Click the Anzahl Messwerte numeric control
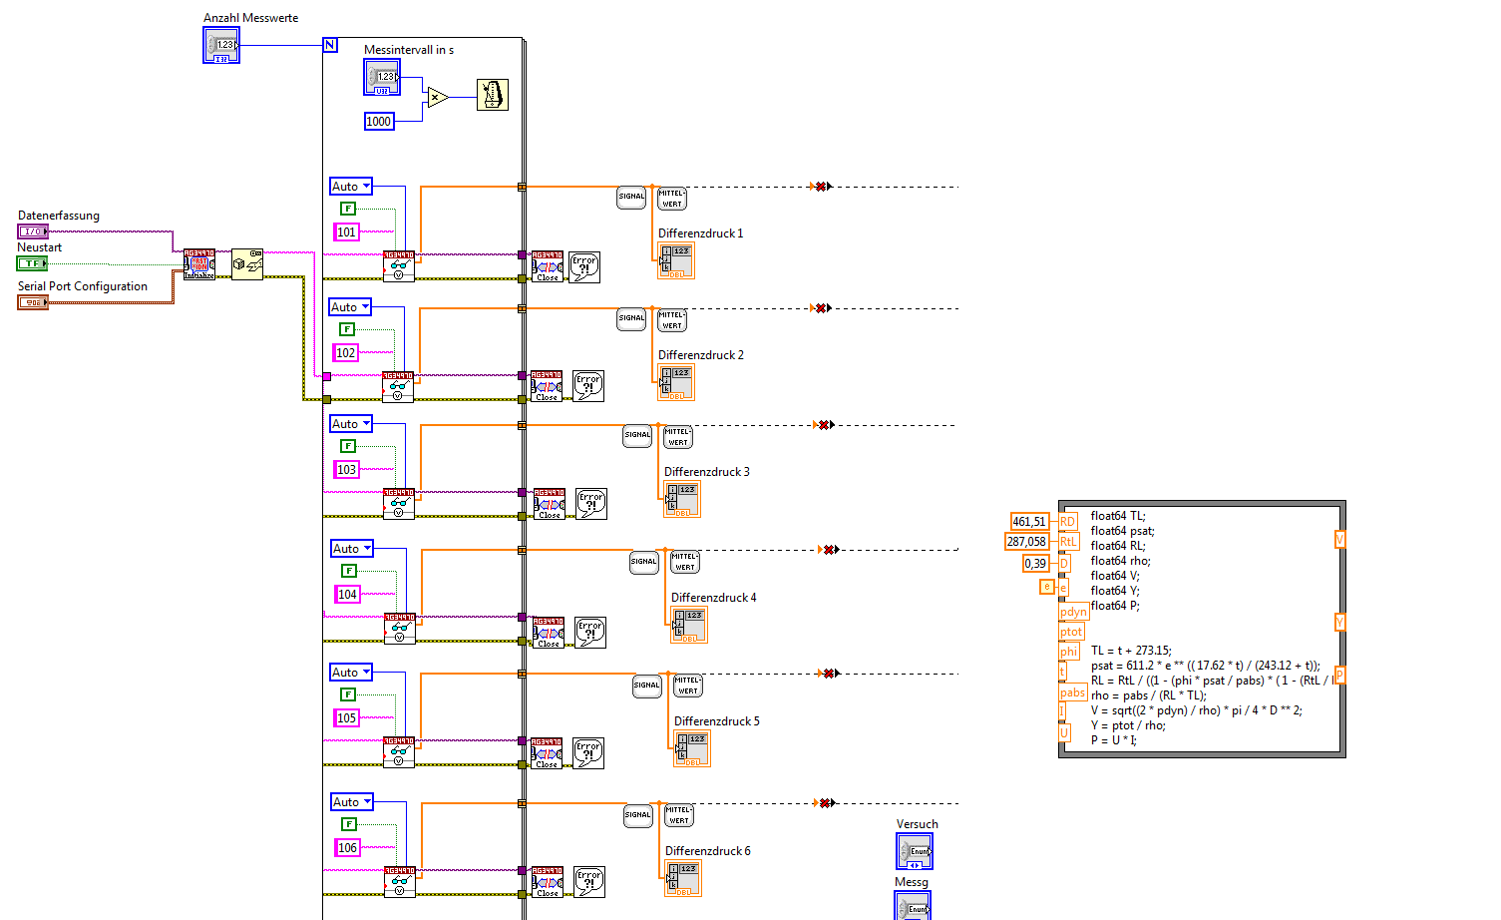pyautogui.click(x=221, y=45)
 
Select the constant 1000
pyautogui.click(x=379, y=122)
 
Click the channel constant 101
pyautogui.click(x=346, y=232)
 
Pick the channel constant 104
pyautogui.click(x=347, y=595)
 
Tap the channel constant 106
pyautogui.click(x=347, y=848)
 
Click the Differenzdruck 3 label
pyautogui.click(x=706, y=472)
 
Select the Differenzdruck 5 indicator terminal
pyautogui.click(x=692, y=748)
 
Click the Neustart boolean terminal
pyautogui.click(x=32, y=263)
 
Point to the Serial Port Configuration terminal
pyautogui.click(x=32, y=302)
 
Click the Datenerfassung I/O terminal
pyautogui.click(x=32, y=231)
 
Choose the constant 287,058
pyautogui.click(x=1026, y=542)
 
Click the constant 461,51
pyautogui.click(x=1028, y=522)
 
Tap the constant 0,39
pyautogui.click(x=1035, y=564)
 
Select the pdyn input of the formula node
pyautogui.click(x=1073, y=612)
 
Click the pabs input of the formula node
pyautogui.click(x=1072, y=692)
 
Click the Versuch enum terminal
pyautogui.click(x=915, y=851)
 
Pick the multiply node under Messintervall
pyautogui.click(x=436, y=97)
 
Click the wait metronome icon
pyautogui.click(x=493, y=95)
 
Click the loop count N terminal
pyautogui.click(x=330, y=45)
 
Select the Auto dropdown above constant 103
pyautogui.click(x=351, y=424)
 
